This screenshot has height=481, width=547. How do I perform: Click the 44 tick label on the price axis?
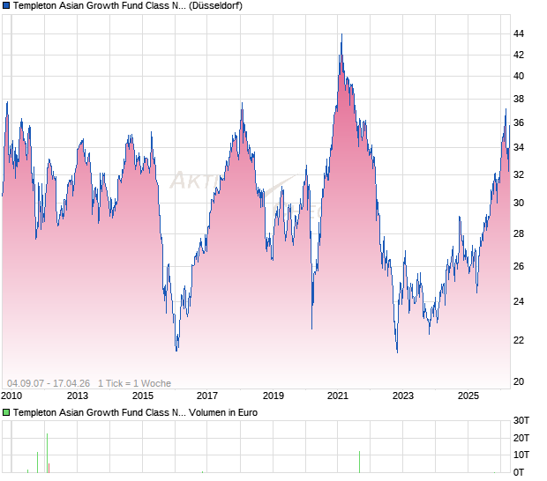click(519, 34)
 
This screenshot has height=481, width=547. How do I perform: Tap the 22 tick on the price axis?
click(519, 341)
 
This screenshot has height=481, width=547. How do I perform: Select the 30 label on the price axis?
click(519, 203)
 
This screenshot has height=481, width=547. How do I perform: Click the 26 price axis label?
click(519, 267)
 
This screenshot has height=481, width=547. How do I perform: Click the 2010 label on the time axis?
click(11, 396)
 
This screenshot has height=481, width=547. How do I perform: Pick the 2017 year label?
click(207, 396)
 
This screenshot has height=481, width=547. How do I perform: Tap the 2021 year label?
click(338, 396)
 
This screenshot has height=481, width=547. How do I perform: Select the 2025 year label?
click(468, 396)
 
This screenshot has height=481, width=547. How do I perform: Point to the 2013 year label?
click(77, 396)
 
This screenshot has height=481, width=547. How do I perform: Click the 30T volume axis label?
click(521, 419)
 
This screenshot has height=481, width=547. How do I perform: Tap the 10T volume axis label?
click(521, 455)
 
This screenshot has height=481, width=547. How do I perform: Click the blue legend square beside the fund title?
click(6, 6)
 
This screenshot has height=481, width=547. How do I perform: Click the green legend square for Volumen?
click(6, 412)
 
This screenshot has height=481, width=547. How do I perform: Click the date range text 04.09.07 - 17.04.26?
click(48, 383)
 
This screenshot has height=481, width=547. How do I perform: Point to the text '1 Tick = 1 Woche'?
click(134, 383)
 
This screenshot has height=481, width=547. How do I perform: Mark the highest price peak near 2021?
click(341, 34)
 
